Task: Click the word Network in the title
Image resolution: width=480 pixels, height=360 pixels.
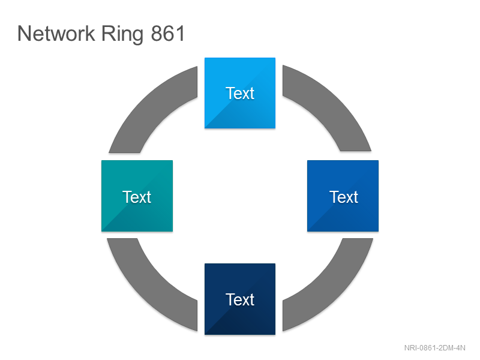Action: [56, 34]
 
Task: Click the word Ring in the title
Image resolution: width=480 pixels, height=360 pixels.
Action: [122, 35]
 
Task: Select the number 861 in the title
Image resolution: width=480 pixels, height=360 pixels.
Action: [168, 34]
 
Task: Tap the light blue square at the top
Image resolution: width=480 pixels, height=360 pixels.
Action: [240, 93]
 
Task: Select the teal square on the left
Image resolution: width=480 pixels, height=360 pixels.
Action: [137, 196]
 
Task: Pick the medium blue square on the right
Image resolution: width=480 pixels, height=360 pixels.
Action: [343, 196]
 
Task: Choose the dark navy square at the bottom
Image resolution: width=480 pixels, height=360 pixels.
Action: [240, 299]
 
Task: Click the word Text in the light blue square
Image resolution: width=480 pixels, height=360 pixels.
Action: [240, 93]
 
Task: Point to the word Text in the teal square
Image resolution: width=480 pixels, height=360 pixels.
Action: [137, 197]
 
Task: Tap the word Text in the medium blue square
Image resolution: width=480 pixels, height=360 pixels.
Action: [344, 197]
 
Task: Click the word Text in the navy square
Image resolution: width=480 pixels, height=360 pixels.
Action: [240, 299]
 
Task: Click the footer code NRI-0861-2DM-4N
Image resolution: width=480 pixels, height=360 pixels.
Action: [434, 348]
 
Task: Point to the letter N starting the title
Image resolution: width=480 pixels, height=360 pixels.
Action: [24, 34]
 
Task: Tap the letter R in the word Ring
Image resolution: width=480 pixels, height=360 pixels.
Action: [108, 34]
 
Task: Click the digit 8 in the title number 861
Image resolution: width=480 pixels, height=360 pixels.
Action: [157, 34]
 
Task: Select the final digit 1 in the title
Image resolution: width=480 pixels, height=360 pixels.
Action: [181, 34]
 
